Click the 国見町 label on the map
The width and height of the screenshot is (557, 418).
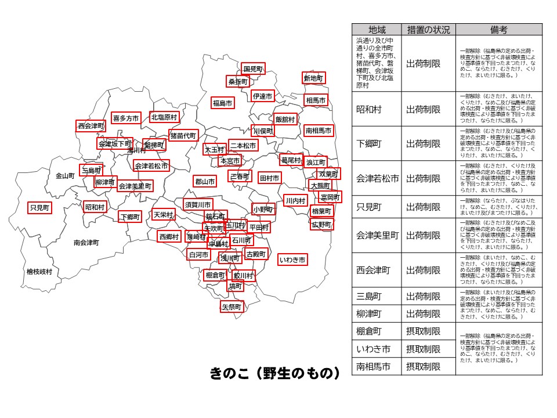pos(253,69)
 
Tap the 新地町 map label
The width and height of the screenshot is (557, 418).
pos(314,78)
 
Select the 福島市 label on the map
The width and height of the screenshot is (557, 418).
pos(222,103)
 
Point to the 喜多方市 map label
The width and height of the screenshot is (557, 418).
pos(126,118)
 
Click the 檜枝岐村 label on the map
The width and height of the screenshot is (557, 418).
pos(39,271)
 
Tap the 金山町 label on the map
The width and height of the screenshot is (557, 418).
pos(66,175)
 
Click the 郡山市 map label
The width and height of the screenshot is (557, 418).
pos(205,182)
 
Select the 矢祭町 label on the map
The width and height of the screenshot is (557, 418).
pos(232,306)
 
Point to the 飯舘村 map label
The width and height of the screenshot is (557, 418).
pos(285,119)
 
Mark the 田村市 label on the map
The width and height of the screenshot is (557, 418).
pos(269,178)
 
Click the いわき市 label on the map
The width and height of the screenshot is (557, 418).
pos(292,260)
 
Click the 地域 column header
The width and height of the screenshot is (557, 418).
pos(377,30)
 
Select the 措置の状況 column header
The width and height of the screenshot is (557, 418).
pos(428,30)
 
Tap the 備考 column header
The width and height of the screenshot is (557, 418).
pos(498,30)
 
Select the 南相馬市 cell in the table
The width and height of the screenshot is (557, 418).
pos(377,366)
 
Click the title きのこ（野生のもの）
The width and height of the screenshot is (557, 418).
pos(274,373)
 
